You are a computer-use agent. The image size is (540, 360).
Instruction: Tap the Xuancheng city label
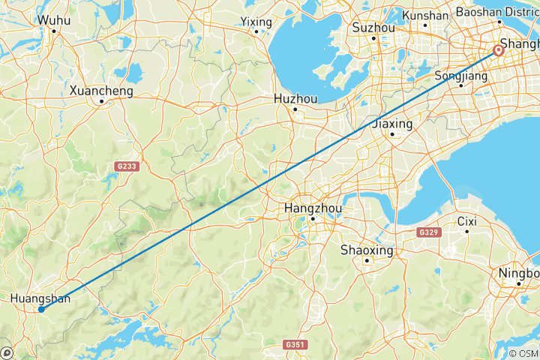point(101,91)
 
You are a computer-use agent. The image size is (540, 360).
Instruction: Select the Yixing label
point(256,22)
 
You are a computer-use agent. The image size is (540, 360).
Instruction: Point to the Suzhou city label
point(373,28)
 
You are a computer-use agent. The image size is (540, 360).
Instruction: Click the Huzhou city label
point(295,98)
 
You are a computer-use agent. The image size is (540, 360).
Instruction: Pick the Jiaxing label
point(392,123)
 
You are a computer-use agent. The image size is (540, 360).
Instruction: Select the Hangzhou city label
point(313,208)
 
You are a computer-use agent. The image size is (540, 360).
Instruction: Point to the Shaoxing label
point(367,250)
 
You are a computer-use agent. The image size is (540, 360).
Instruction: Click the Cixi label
point(467,221)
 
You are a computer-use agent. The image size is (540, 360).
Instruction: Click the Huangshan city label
point(40,299)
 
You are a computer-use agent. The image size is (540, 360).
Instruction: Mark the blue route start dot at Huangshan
point(40,309)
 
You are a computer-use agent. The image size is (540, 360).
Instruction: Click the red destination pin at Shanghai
point(498,51)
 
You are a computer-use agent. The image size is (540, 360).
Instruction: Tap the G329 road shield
point(427,233)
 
